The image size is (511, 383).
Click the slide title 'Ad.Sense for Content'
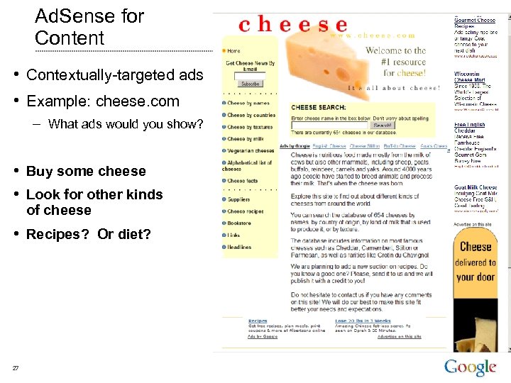tap(89, 27)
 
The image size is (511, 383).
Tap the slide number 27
tap(15, 367)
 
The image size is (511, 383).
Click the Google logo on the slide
tap(470, 367)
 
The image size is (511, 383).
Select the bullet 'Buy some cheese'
tap(85, 171)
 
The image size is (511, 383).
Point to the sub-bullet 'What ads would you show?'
tap(125, 124)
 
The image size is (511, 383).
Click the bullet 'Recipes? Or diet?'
tap(88, 234)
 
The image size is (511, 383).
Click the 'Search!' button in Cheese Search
tap(382, 126)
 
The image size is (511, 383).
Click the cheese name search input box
tap(330, 126)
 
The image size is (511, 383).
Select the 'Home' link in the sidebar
tap(233, 50)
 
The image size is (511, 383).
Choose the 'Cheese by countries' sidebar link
tap(251, 115)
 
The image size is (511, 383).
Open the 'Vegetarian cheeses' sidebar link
tap(251, 150)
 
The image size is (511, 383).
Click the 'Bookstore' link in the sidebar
tap(239, 223)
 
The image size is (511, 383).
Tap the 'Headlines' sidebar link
tap(239, 248)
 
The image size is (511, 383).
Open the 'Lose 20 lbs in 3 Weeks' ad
tap(360, 321)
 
